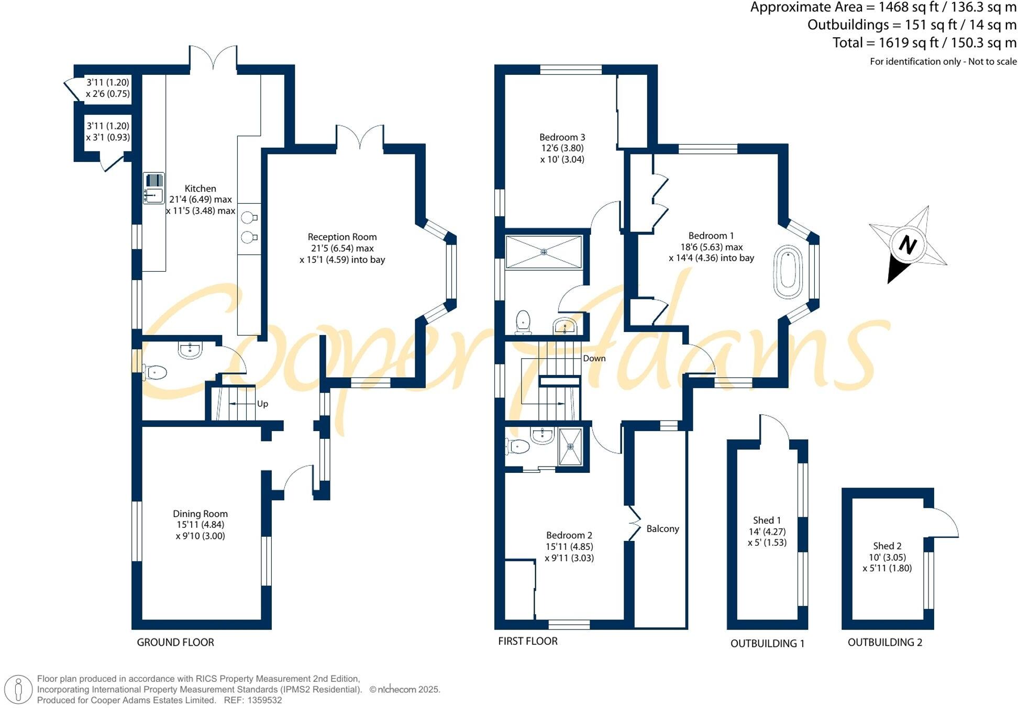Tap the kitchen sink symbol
pyautogui.click(x=153, y=189)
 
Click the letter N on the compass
pyautogui.click(x=908, y=245)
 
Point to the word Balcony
pyautogui.click(x=662, y=529)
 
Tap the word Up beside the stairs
pyautogui.click(x=262, y=404)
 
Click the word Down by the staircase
pyautogui.click(x=594, y=359)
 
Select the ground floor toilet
pyautogui.click(x=155, y=372)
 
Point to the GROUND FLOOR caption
pyautogui.click(x=175, y=643)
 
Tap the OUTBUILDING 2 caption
pyautogui.click(x=884, y=643)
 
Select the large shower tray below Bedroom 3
pyautogui.click(x=544, y=252)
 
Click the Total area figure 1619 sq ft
pyautogui.click(x=924, y=42)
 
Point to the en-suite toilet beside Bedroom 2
pyautogui.click(x=518, y=446)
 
